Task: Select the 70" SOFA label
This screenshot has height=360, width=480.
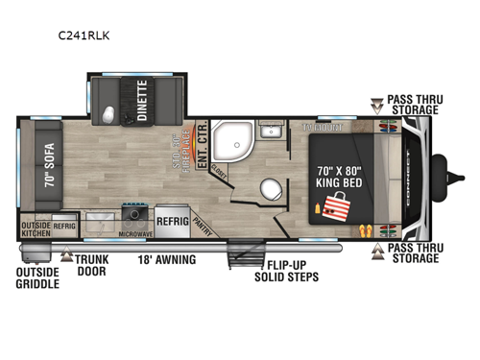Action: pyautogui.click(x=45, y=165)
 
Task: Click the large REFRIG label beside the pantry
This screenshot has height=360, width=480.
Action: pyautogui.click(x=173, y=218)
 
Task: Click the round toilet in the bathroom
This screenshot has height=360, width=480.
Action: pyautogui.click(x=271, y=187)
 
